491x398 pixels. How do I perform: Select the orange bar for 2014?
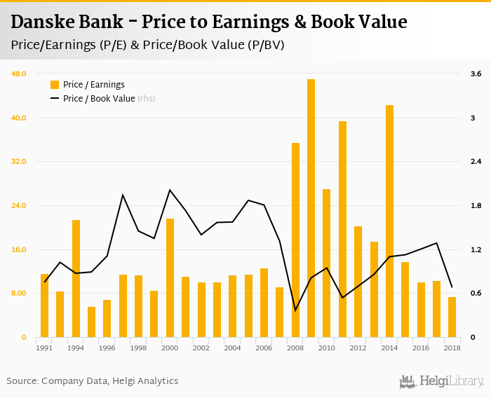click(x=389, y=221)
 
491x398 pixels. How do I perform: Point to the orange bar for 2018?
click(x=452, y=317)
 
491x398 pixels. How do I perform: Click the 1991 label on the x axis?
click(x=44, y=348)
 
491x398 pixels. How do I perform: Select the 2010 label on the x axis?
click(x=326, y=348)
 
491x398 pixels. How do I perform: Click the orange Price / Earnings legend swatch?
click(x=54, y=85)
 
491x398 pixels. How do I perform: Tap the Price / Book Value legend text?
click(x=98, y=99)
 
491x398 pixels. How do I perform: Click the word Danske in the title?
click(x=45, y=22)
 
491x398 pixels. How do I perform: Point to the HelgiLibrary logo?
click(x=442, y=381)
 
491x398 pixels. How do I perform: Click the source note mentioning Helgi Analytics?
click(x=93, y=380)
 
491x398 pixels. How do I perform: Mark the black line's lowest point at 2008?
click(x=295, y=310)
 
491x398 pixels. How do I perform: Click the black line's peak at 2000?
click(x=170, y=190)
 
